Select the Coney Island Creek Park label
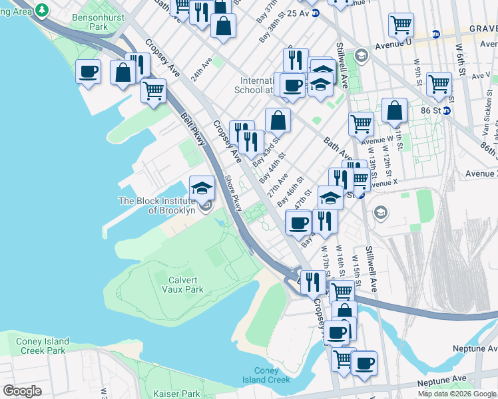pyautogui.click(x=41, y=346)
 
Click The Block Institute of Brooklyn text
pyautogui.click(x=157, y=205)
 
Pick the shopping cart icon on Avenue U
pyautogui.click(x=401, y=25)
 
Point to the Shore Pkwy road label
pyautogui.click(x=232, y=194)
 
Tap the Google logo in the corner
pyautogui.click(x=22, y=391)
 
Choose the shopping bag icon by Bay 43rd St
pyautogui.click(x=278, y=120)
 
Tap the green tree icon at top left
pyautogui.click(x=43, y=10)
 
